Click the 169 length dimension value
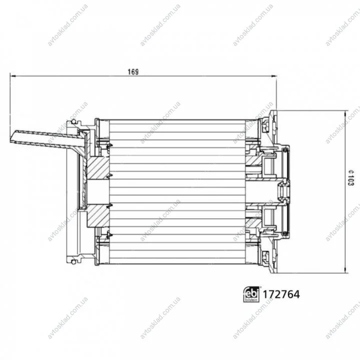(133, 72)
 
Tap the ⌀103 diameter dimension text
(351, 178)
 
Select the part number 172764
(281, 294)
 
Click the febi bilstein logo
(251, 294)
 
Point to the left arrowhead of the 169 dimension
(13, 76)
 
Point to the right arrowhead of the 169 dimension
(274, 76)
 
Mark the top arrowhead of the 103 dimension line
(345, 114)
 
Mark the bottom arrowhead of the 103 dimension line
(345, 270)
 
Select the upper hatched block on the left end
(98, 168)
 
